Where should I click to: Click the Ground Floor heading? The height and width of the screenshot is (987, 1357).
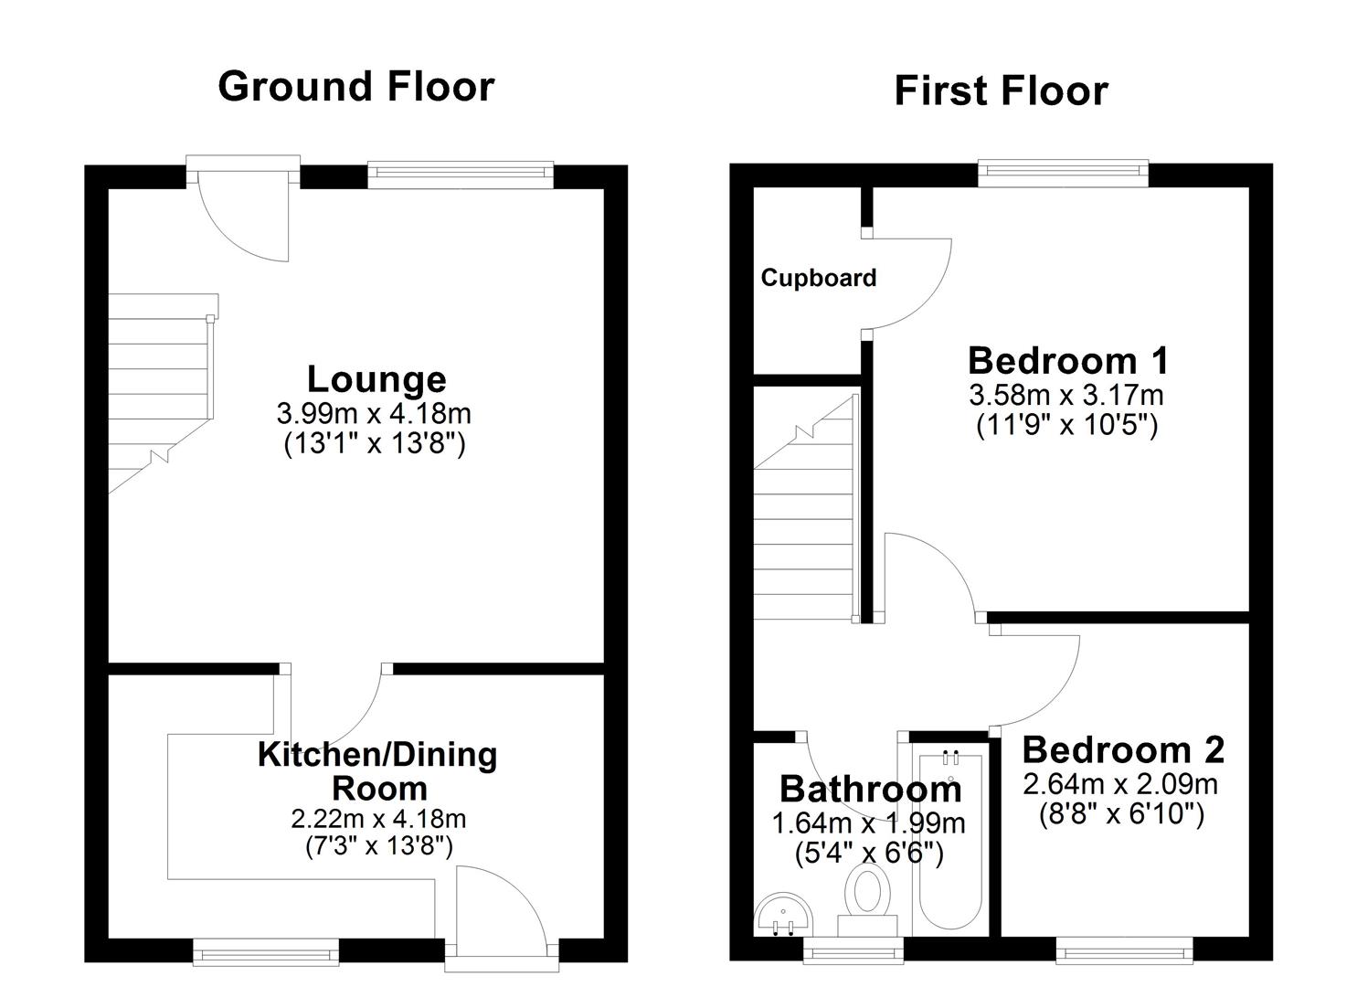(355, 87)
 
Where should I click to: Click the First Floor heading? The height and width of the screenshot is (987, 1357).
(1001, 91)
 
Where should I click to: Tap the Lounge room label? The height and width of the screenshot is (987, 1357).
(376, 379)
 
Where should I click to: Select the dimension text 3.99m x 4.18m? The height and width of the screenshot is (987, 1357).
(374, 413)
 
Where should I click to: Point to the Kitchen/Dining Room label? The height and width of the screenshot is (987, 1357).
(377, 771)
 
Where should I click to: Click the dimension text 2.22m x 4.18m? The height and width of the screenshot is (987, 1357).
(378, 818)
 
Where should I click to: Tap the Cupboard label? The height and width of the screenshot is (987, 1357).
(818, 278)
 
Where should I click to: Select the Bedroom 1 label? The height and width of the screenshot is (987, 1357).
(1067, 361)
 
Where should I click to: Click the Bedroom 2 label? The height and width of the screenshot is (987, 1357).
(1122, 750)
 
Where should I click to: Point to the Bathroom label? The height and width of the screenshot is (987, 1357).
(870, 789)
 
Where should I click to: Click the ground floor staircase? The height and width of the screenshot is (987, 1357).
(160, 393)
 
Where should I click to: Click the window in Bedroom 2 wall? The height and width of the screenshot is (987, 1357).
(1124, 950)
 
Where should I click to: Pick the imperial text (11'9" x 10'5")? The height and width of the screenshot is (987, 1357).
(1066, 425)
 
